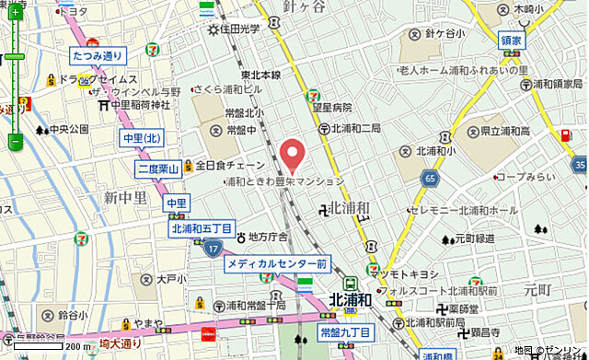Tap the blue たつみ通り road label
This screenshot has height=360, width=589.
point(97,56)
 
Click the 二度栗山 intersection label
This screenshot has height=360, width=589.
point(157,168)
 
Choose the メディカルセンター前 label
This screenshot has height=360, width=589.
point(277,264)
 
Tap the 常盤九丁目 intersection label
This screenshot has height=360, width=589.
point(345,331)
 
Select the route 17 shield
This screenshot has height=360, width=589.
point(213,248)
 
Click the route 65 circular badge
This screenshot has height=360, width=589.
point(431,177)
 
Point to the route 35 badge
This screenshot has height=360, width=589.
point(578,165)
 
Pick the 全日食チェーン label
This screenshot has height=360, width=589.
point(231,166)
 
